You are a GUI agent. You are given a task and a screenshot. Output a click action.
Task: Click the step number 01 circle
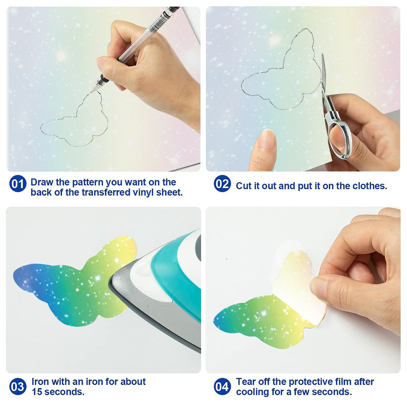(x=18, y=184)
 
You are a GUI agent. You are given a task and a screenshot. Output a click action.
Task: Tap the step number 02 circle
(x=222, y=184)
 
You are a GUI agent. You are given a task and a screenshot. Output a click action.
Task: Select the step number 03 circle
(x=18, y=387)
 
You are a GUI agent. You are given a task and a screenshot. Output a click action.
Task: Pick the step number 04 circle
(x=222, y=387)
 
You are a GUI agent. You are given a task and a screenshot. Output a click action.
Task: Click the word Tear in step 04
(x=246, y=382)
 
